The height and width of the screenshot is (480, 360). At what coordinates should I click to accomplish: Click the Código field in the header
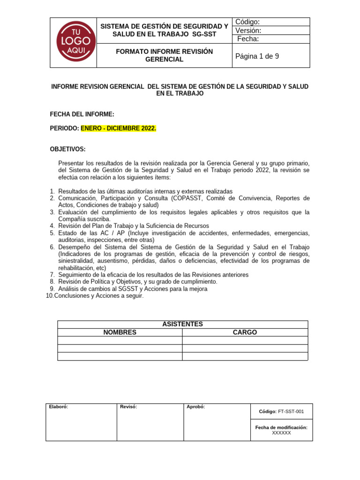tap(248, 22)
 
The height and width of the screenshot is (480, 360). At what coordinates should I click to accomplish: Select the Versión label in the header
tap(248, 30)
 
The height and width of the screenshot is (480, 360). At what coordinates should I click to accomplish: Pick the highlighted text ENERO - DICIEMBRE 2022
tap(119, 128)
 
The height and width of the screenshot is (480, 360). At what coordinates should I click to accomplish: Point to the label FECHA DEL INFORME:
tap(82, 114)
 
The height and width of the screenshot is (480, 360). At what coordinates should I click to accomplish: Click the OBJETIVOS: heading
tap(68, 149)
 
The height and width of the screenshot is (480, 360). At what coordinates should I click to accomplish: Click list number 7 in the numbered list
tap(52, 275)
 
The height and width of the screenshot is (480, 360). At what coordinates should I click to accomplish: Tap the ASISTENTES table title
tap(182, 324)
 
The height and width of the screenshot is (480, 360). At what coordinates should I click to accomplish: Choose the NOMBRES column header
tap(120, 332)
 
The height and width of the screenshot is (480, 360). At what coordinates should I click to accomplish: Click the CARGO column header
tap(245, 332)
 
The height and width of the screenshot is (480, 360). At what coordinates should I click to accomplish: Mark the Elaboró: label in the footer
tap(59, 407)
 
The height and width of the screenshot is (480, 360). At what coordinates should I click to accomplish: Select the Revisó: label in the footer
tap(128, 407)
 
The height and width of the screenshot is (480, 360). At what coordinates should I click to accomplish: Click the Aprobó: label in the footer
tap(195, 407)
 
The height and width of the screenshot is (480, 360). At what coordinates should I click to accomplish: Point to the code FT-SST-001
tap(291, 412)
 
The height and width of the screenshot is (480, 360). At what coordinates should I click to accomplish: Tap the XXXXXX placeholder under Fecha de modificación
tap(281, 433)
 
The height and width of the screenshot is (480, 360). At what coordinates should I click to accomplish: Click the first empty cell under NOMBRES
tap(120, 340)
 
